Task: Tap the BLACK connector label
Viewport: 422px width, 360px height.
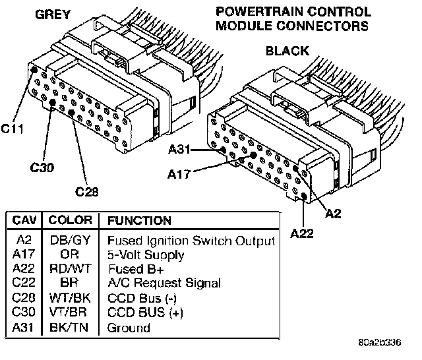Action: click(287, 50)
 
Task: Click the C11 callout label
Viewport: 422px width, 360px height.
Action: click(13, 129)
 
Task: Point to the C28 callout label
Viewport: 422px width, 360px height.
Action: click(88, 192)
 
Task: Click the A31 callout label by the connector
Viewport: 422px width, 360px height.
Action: click(179, 150)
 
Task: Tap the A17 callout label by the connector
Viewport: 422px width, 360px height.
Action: click(179, 175)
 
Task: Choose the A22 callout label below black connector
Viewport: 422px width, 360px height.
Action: click(303, 233)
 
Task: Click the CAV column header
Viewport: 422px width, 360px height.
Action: click(24, 220)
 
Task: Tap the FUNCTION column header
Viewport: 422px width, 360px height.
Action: click(139, 220)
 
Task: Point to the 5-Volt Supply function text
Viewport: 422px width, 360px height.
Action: click(146, 254)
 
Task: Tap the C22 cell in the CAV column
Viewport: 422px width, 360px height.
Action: click(24, 283)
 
